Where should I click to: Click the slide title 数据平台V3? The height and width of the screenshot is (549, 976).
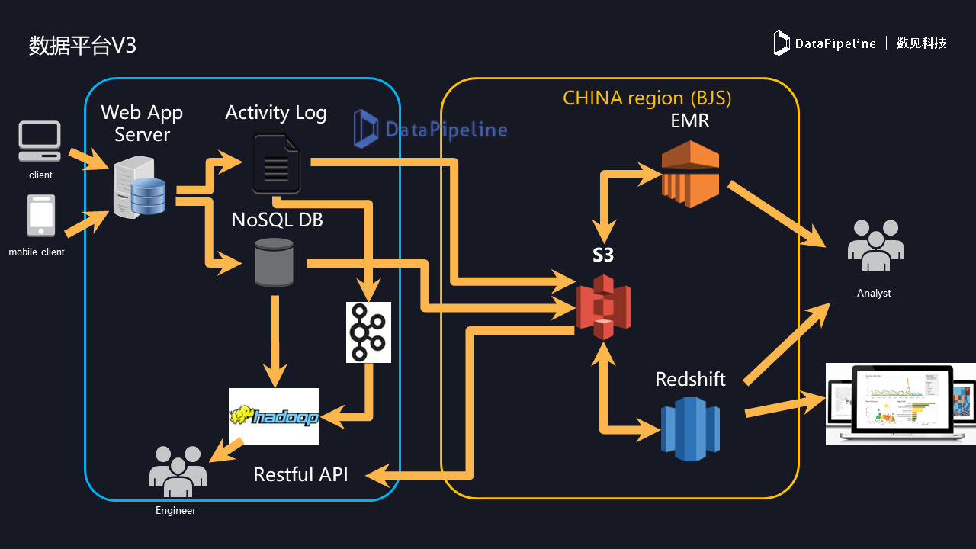82,46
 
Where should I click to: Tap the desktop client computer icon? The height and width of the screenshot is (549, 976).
40,142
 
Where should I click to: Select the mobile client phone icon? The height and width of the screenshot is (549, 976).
41,217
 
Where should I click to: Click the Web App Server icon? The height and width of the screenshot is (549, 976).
140,188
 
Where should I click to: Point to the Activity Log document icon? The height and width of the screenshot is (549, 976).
276,163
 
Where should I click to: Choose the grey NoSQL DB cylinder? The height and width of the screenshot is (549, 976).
274,263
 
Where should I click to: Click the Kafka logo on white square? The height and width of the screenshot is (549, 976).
368,332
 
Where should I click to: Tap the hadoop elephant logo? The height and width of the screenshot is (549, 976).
274,416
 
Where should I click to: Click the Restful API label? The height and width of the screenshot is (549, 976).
300,474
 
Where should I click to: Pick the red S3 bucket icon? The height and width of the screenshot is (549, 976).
603,305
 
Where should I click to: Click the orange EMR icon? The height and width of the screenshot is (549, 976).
690,174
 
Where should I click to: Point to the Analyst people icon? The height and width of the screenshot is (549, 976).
875,246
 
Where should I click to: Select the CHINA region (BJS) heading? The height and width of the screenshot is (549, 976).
647,98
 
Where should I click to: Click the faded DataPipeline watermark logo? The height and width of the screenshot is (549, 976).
431,129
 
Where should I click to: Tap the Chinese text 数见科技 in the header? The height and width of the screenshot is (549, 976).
921,43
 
